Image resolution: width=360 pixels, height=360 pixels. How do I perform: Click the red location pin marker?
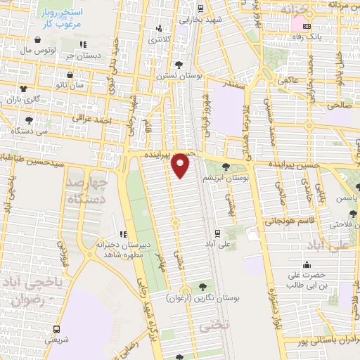tap(181, 166)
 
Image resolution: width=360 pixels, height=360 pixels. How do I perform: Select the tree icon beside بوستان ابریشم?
tap(225, 167)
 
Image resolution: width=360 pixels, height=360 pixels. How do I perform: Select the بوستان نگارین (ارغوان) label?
tap(211, 298)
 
